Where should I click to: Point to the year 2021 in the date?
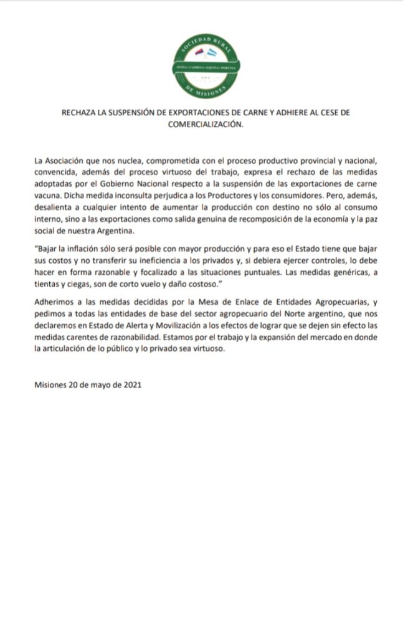pyautogui.click(x=132, y=385)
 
